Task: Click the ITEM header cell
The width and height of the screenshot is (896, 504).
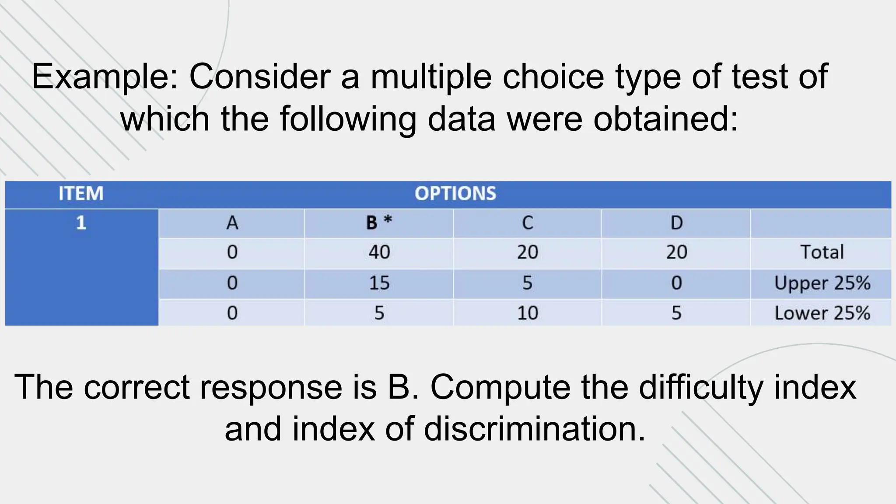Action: click(81, 194)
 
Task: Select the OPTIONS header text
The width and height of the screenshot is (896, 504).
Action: click(455, 194)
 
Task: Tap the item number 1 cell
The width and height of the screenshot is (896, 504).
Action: click(81, 223)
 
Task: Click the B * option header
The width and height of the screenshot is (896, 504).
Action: click(379, 223)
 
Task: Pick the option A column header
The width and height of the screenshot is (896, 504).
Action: click(232, 223)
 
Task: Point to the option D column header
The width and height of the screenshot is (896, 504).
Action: click(676, 223)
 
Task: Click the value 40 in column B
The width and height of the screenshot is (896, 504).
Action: click(379, 252)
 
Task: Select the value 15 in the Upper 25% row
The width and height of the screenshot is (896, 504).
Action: click(379, 283)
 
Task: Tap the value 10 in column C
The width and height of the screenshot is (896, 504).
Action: click(527, 313)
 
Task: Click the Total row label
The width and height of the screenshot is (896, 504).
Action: click(822, 252)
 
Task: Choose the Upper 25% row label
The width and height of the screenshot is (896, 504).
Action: click(822, 283)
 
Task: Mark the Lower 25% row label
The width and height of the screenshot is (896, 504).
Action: click(822, 313)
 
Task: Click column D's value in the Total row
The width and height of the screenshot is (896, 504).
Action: click(676, 252)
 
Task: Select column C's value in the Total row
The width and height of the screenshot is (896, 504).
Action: click(527, 252)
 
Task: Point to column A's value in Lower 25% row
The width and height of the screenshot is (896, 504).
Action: click(232, 313)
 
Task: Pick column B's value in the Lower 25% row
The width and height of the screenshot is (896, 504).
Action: click(379, 313)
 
